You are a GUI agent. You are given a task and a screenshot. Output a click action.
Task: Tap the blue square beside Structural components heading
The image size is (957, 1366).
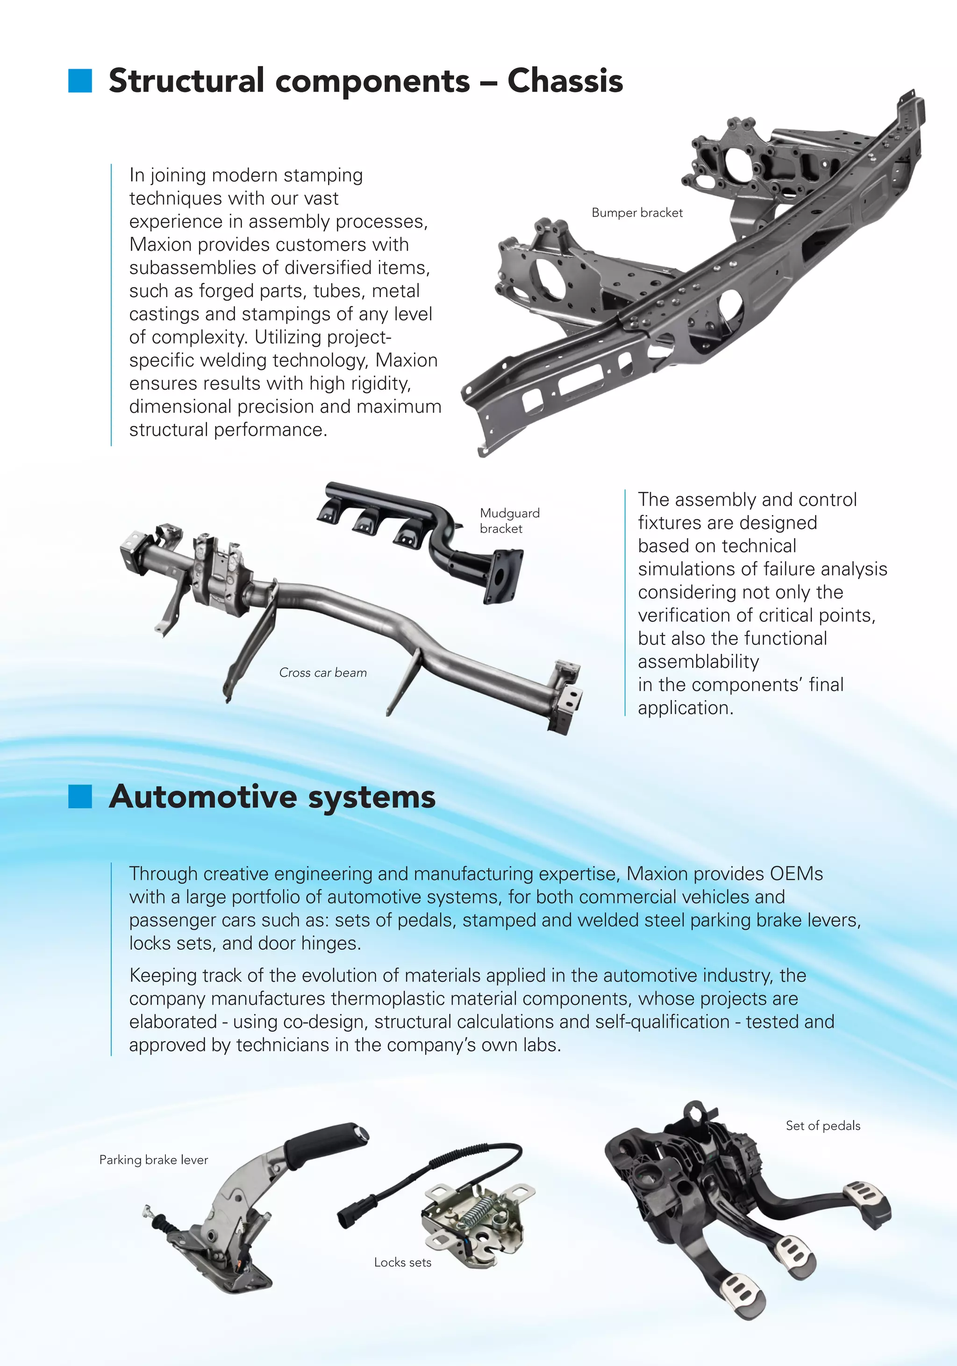(x=80, y=81)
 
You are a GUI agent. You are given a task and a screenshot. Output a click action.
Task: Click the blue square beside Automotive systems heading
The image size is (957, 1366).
(x=80, y=797)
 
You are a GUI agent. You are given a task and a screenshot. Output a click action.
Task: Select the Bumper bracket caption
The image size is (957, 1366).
(x=637, y=213)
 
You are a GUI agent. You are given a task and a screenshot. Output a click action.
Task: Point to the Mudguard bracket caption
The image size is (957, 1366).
(x=509, y=521)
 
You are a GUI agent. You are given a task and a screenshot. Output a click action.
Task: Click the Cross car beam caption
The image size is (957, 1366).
(x=322, y=673)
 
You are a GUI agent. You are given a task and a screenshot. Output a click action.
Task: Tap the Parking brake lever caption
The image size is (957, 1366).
(x=154, y=1160)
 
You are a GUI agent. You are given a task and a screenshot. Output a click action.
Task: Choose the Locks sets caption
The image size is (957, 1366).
(x=402, y=1262)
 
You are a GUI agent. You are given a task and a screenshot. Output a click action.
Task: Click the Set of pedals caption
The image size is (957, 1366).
(x=822, y=1125)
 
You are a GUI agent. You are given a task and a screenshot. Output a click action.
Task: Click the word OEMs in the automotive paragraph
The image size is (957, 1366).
(x=796, y=874)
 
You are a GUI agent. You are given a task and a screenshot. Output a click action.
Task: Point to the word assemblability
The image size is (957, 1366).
(x=698, y=662)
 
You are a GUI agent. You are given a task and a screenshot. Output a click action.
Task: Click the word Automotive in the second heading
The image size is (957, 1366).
(x=205, y=797)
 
